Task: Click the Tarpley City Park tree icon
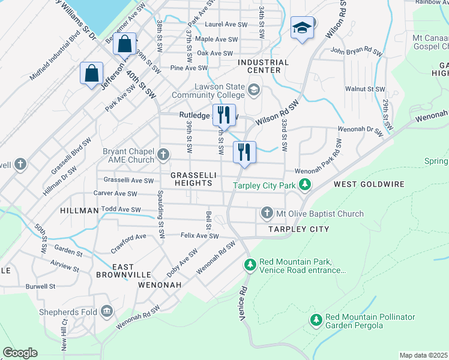coord(306,185)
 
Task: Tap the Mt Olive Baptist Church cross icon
coord(267,214)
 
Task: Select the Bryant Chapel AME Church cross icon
coord(163,156)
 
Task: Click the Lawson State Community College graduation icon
coord(254,90)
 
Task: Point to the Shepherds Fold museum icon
coord(107,311)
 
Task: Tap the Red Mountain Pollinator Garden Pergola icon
coord(316,320)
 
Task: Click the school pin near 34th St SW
coord(302,28)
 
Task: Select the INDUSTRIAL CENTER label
coord(263,66)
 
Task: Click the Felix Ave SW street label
coord(199,236)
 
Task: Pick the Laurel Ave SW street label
coord(226,25)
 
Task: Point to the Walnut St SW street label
coord(365,89)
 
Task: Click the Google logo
coord(20,353)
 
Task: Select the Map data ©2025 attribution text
coord(423,355)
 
